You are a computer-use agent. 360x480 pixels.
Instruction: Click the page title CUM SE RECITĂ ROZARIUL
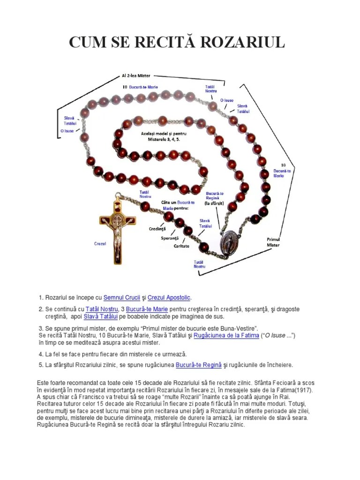177,42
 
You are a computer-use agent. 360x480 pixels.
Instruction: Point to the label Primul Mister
273,242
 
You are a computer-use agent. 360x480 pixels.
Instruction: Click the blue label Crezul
100,244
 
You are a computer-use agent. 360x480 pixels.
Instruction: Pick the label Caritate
181,246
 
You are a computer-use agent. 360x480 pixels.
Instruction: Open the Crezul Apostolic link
169,298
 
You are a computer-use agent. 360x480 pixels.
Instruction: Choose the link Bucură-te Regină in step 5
196,365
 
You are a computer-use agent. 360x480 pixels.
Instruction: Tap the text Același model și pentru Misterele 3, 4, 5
160,136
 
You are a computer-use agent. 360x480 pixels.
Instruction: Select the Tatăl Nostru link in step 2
101,309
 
